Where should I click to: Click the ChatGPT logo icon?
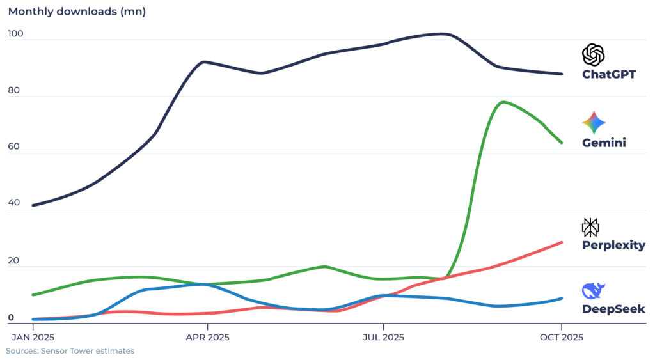(x=593, y=54)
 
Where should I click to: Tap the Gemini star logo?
(x=594, y=123)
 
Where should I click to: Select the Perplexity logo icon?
(x=590, y=227)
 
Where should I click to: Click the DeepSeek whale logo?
(x=593, y=291)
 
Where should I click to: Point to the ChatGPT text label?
(x=608, y=74)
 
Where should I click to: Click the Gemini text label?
(x=603, y=143)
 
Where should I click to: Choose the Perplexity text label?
(x=613, y=246)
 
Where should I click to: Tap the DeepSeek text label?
(x=613, y=309)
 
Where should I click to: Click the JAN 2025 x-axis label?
(x=33, y=337)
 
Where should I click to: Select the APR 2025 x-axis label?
(x=207, y=337)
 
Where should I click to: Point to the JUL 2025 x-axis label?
(x=383, y=337)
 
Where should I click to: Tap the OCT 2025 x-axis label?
(x=561, y=337)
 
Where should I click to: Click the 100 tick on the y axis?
(x=15, y=35)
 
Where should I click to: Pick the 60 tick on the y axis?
(x=15, y=147)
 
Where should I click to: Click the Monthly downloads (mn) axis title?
(x=77, y=12)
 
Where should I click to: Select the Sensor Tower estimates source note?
(x=70, y=351)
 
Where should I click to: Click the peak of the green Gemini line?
(x=503, y=102)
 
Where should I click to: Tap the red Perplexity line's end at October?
(x=562, y=242)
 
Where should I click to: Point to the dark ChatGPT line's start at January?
(x=33, y=205)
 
